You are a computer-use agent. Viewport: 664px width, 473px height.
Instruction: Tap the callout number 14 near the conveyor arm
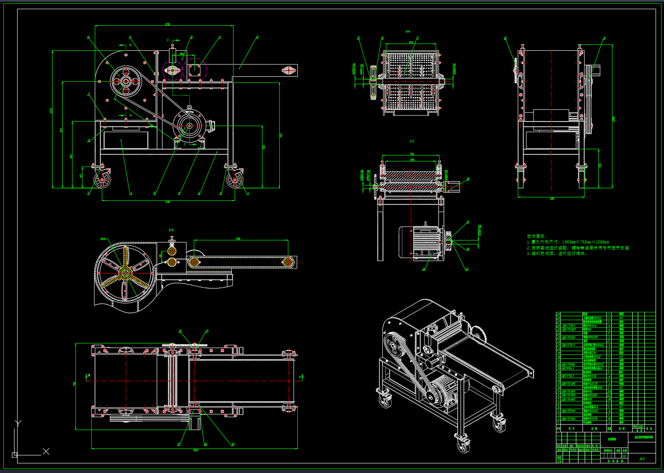(257, 37)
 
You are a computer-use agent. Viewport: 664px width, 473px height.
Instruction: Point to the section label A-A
(408, 31)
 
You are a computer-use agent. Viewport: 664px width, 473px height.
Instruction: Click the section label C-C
(412, 141)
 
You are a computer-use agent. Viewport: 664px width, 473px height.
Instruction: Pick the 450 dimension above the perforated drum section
(411, 42)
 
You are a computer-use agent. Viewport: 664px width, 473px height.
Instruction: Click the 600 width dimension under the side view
(552, 199)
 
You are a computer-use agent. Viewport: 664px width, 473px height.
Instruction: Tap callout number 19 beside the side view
(604, 39)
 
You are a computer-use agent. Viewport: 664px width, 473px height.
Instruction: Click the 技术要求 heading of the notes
(537, 236)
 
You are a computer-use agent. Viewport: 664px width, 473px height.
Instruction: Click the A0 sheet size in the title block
(642, 459)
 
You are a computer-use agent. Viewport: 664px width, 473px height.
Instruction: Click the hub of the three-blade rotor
(125, 270)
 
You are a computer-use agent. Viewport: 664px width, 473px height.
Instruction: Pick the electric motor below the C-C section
(418, 242)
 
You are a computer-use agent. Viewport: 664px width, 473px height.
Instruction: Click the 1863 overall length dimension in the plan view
(195, 450)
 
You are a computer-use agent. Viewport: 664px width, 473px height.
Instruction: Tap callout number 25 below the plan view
(233, 444)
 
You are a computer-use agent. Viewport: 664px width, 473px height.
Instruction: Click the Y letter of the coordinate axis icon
(18, 422)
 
